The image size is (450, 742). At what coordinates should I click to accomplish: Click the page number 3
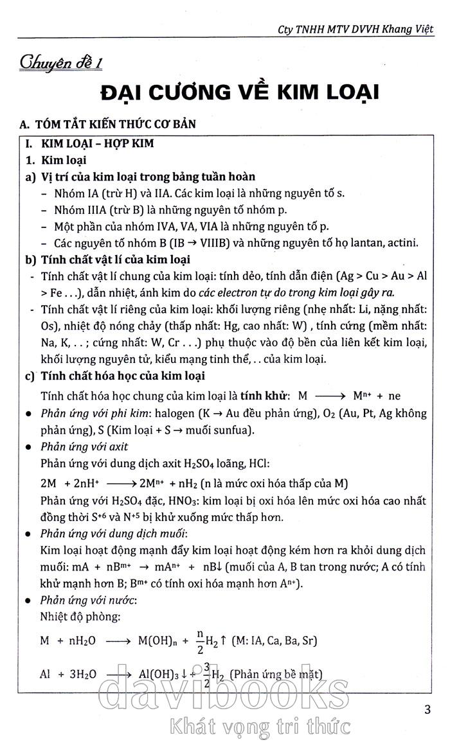tap(428, 711)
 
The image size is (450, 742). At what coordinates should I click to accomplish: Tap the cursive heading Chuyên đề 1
tap(62, 64)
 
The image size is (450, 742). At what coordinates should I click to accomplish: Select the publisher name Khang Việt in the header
tap(406, 29)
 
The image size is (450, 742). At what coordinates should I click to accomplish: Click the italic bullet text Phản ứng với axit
tap(84, 446)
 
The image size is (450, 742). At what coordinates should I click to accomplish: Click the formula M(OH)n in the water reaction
tap(156, 641)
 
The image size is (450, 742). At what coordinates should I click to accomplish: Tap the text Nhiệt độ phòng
tap(80, 617)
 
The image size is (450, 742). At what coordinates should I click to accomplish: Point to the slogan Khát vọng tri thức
tap(257, 727)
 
